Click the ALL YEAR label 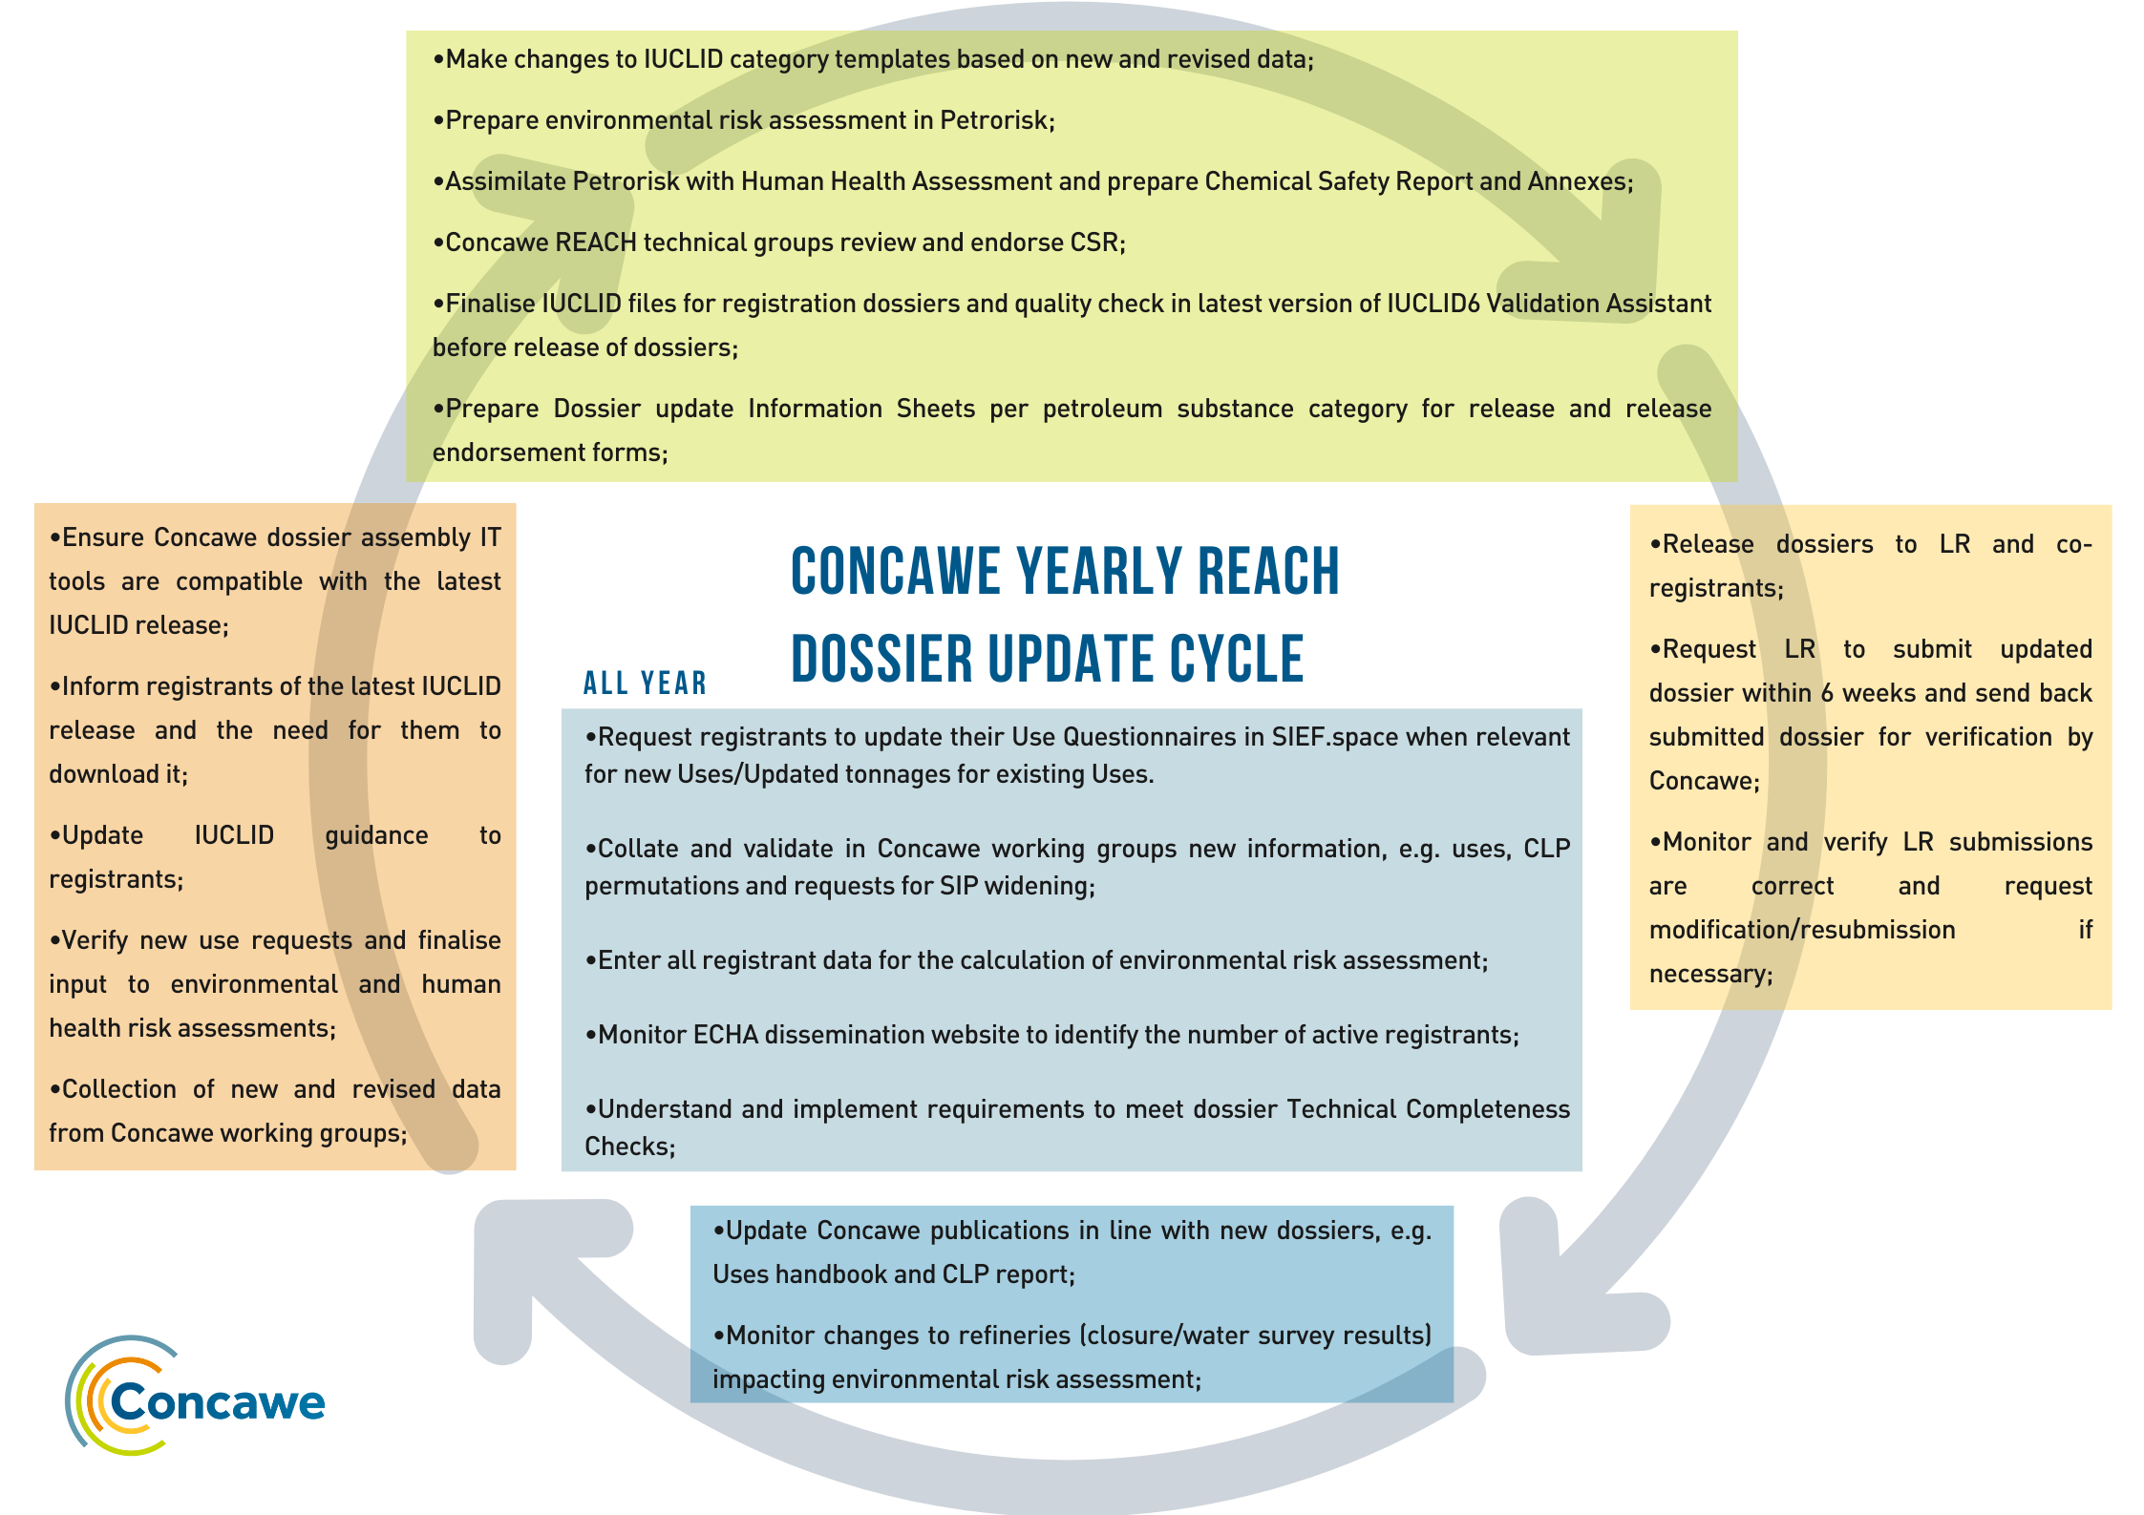(646, 684)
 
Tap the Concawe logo (195, 1396)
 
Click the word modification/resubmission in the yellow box (1802, 930)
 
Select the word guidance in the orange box (376, 836)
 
